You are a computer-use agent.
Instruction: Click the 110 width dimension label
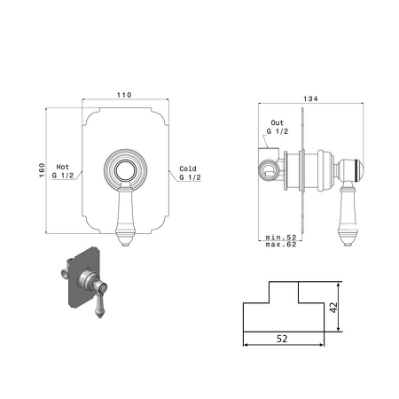(x=124, y=95)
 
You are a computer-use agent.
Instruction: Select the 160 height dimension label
(x=42, y=170)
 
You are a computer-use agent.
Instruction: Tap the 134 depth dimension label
(x=310, y=98)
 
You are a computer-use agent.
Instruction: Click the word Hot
(x=63, y=167)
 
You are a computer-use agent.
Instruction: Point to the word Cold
(x=188, y=168)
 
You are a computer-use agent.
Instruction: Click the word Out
(x=278, y=122)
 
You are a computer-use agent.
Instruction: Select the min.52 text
(x=281, y=238)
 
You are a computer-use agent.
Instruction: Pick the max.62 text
(x=281, y=245)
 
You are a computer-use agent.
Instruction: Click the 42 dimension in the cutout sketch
(x=333, y=308)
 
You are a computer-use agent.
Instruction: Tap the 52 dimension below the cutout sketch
(x=282, y=339)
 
